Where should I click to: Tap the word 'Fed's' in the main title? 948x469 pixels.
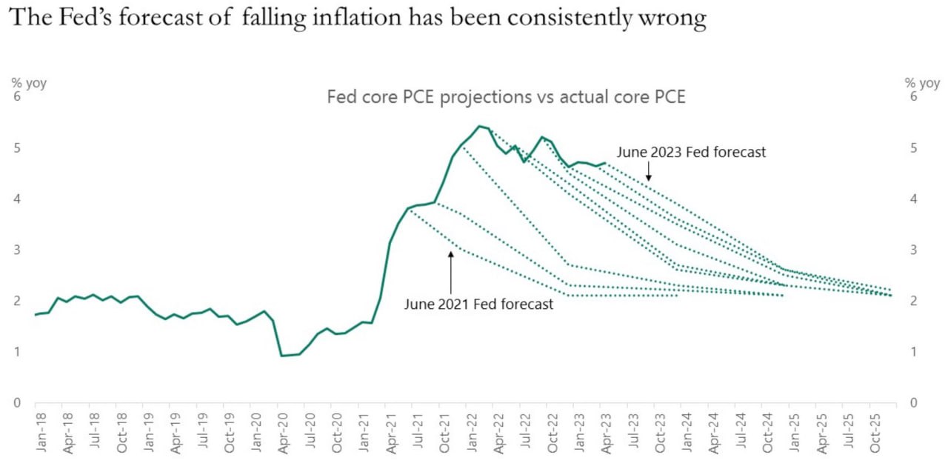(87, 18)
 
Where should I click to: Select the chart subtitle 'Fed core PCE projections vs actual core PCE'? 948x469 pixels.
(506, 97)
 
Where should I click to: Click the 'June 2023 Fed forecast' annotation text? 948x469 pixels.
(692, 152)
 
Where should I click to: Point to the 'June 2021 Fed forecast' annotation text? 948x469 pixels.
(478, 304)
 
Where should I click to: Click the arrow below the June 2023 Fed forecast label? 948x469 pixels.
(648, 173)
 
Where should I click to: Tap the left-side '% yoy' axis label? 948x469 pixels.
(28, 83)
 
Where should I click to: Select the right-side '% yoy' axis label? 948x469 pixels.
(922, 83)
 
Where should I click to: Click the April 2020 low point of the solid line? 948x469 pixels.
(281, 356)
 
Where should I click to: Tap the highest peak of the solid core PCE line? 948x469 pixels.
(480, 126)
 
